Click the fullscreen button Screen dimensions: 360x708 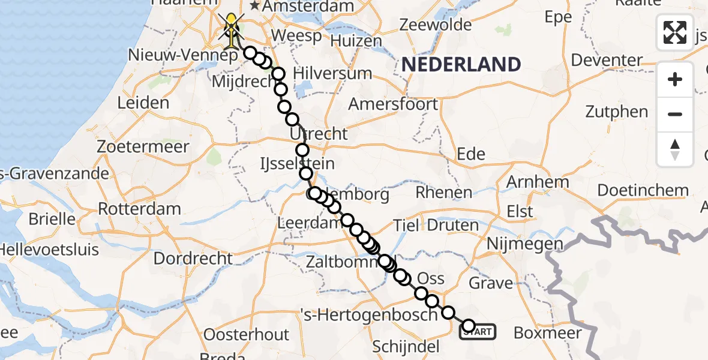coord(675,32)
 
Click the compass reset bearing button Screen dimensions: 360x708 coord(675,149)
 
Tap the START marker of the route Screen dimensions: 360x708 coord(478,331)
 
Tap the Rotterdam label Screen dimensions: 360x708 coord(139,209)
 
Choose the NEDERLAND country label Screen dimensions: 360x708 coord(461,64)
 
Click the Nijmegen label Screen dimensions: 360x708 coord(525,244)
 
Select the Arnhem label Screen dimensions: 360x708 coord(538,182)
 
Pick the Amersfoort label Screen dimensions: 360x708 coord(394,104)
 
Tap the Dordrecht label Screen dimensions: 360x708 coord(193,259)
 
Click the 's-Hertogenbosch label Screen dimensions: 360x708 coord(369,314)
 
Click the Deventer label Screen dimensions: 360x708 coord(607,60)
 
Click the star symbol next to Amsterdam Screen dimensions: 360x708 coord(255,6)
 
